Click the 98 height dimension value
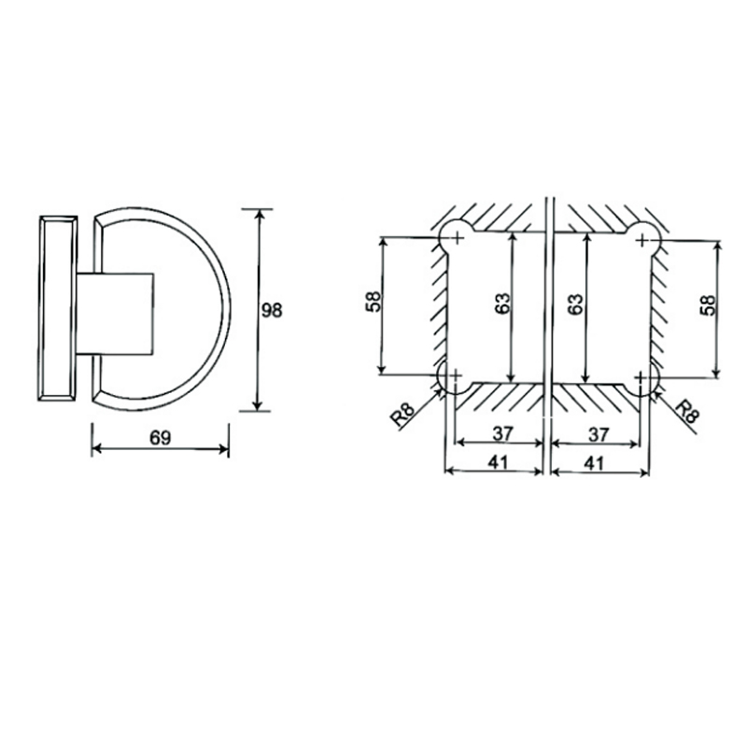(272, 310)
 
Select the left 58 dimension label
(372, 305)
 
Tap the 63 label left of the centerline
(501, 305)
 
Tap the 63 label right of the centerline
(575, 305)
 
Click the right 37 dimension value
(599, 434)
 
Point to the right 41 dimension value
(599, 460)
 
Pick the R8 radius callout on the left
(404, 412)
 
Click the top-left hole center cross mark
(457, 240)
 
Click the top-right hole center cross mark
(641, 240)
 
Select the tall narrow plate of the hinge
(57, 308)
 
